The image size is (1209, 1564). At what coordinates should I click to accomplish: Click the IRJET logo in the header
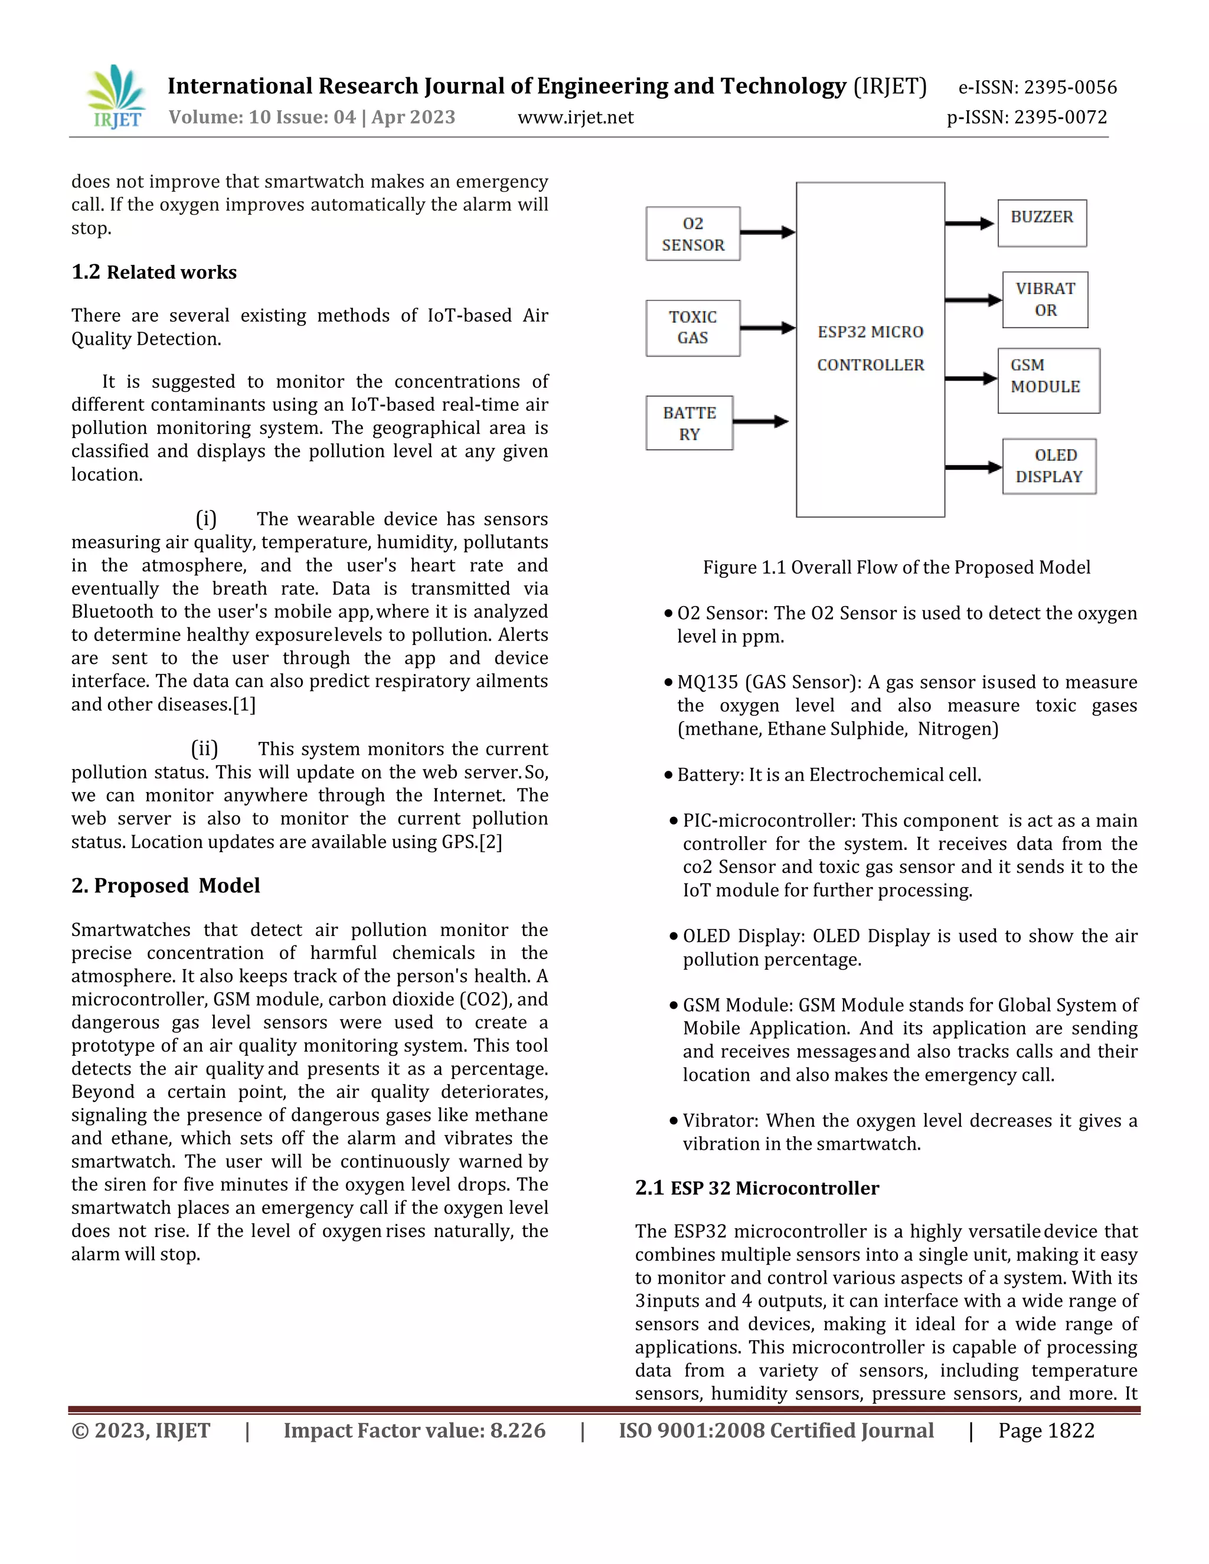117,97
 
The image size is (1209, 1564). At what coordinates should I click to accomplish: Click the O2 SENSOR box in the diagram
692,234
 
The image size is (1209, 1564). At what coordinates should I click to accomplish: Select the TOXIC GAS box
692,328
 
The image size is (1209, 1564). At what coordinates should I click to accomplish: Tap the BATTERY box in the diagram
689,423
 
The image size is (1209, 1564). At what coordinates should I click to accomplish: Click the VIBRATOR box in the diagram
1045,299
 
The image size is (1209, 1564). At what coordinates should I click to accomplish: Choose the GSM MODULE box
1048,380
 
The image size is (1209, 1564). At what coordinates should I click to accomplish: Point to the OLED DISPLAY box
1049,466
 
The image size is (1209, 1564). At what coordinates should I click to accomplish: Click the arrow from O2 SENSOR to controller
767,232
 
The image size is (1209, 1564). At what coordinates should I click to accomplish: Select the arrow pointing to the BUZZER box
970,224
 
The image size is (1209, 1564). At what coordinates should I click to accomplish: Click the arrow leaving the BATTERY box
760,422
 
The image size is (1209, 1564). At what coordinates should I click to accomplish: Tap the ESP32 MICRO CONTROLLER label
870,349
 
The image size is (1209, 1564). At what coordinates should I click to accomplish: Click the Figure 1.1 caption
896,567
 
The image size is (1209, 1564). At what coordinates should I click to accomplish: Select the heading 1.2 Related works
154,272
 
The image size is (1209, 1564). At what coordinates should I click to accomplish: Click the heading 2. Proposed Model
165,886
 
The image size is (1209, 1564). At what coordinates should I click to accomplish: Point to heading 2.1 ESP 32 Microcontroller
756,1188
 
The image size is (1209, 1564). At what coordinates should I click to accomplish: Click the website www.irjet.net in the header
575,117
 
